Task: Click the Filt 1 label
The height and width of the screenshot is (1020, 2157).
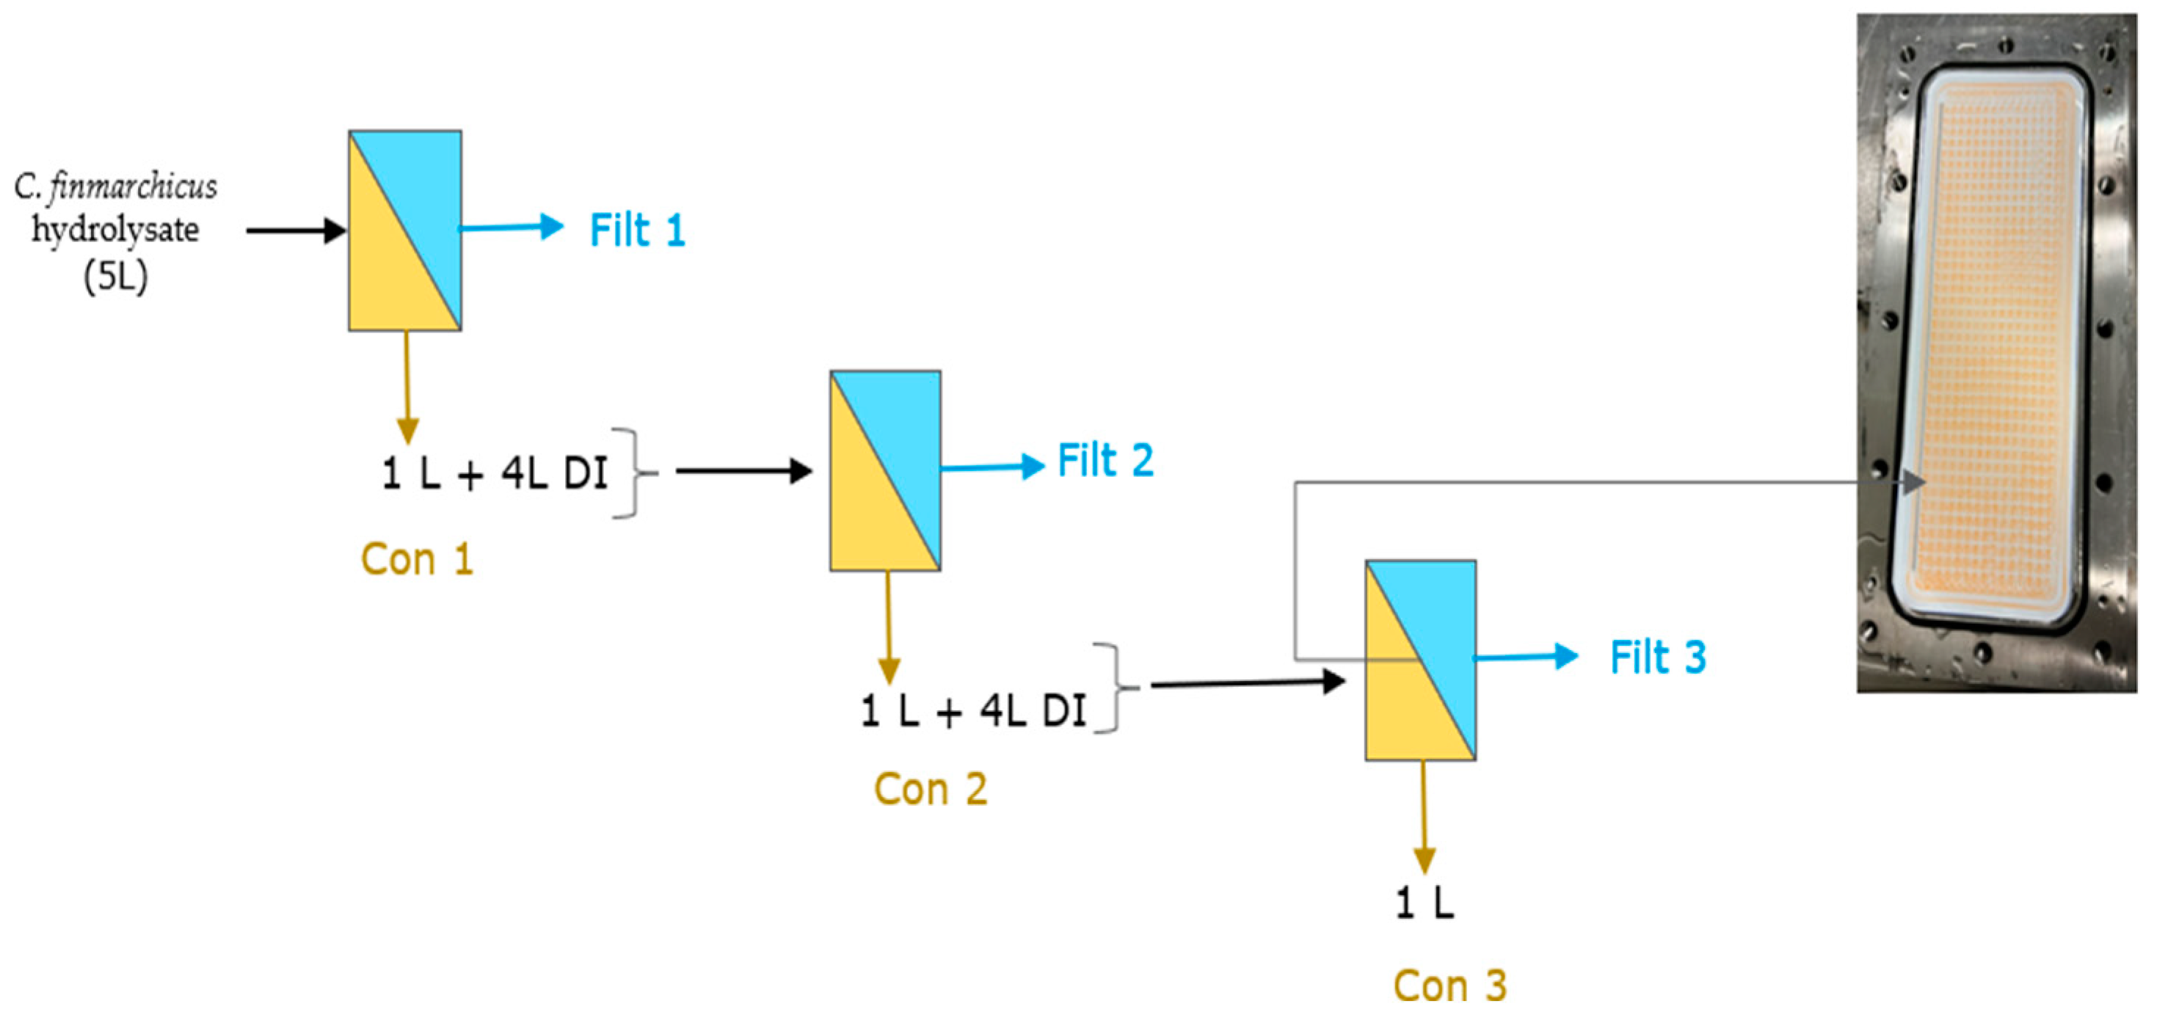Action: pos(637,230)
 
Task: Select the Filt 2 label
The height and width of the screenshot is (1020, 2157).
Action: pos(1105,461)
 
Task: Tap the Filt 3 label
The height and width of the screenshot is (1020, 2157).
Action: pos(1657,657)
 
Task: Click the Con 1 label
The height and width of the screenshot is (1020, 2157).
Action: pos(417,559)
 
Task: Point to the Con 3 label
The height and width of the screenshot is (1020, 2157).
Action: pos(1449,986)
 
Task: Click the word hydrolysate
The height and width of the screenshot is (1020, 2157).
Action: pos(115,230)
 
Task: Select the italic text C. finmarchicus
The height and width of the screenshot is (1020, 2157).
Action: pos(115,186)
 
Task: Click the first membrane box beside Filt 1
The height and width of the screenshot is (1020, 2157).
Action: pos(404,230)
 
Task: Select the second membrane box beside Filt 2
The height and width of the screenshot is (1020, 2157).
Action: pos(885,470)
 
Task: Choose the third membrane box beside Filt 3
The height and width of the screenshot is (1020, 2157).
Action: pos(1420,660)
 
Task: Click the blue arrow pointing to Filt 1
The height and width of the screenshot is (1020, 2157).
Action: pos(511,227)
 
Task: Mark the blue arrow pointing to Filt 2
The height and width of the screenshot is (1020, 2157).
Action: pos(992,467)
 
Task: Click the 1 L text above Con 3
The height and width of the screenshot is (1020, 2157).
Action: pos(1424,903)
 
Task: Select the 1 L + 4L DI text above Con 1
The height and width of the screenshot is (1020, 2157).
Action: pos(494,474)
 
